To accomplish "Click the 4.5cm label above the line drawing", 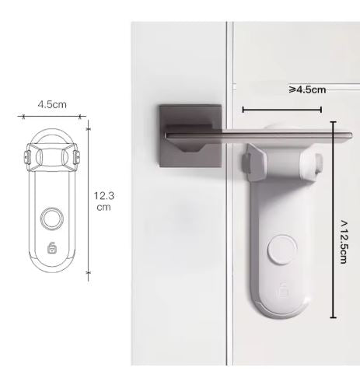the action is click(x=52, y=104).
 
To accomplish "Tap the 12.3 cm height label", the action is click(x=103, y=201).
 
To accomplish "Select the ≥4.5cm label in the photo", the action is click(x=307, y=89).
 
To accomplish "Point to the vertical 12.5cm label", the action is click(x=344, y=242).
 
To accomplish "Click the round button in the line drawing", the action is click(x=52, y=219).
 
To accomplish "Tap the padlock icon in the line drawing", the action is click(x=52, y=247).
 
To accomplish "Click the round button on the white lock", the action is click(x=282, y=250).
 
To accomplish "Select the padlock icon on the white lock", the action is click(x=284, y=290).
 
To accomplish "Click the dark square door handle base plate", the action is click(x=190, y=136).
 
